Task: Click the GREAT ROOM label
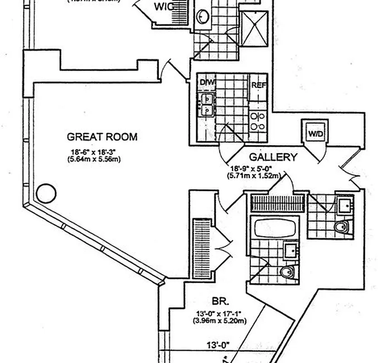pos(102,137)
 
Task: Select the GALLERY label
pos(273,157)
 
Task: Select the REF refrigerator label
pos(257,84)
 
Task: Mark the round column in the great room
pos(46,193)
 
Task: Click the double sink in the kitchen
pos(207,104)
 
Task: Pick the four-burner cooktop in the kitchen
pos(257,121)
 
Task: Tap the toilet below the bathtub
pos(287,272)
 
